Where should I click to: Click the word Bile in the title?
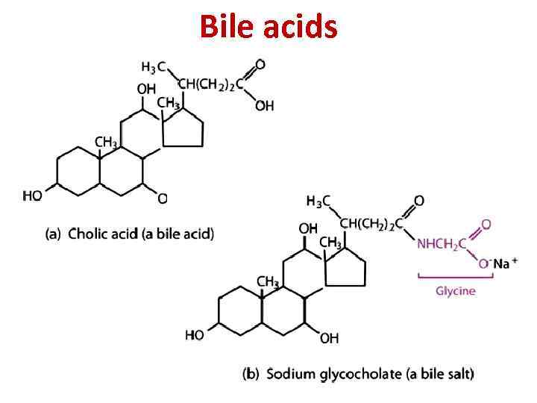(x=227, y=28)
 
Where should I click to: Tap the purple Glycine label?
(x=455, y=290)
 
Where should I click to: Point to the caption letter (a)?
(x=53, y=234)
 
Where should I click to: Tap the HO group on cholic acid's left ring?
(x=33, y=196)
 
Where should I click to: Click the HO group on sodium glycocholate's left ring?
(x=195, y=335)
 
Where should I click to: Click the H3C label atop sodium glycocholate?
(x=318, y=201)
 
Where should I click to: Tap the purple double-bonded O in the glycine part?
(x=486, y=223)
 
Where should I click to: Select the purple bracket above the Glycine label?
(x=456, y=278)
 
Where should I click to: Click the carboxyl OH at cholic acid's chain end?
(x=265, y=106)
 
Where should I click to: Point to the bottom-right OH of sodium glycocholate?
(x=329, y=338)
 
